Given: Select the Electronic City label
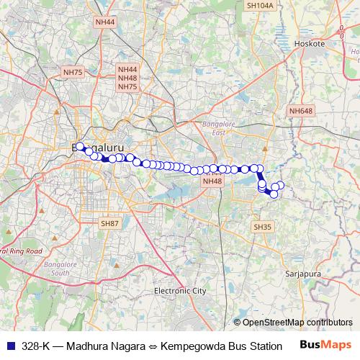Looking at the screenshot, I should point(180,291).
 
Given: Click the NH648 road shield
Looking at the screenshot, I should point(300,111).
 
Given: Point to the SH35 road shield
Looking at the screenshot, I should point(263,226).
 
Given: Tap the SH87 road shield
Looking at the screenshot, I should point(109,224).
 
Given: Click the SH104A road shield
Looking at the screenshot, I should point(260,5).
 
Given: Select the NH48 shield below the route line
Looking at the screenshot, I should point(212,181).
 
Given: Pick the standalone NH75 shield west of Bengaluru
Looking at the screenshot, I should point(73,72).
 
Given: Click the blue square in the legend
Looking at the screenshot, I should point(11,345).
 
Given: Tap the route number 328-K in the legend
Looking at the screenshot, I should point(36,345).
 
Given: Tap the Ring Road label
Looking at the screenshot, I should point(22,251).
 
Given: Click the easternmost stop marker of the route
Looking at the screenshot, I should point(281,186).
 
